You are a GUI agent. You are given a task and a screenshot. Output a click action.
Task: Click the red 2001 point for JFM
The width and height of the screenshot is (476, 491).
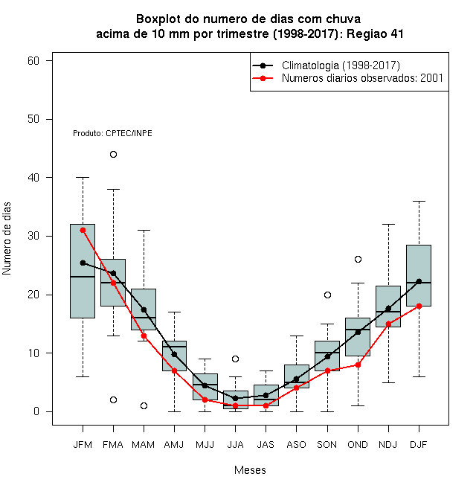[x=83, y=230]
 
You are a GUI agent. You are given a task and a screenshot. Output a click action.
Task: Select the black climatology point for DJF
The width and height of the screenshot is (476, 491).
[x=419, y=281]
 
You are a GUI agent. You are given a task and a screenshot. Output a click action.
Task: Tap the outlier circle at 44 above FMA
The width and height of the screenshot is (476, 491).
[x=113, y=155]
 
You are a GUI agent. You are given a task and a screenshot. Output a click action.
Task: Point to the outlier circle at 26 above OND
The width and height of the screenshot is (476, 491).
[x=358, y=260]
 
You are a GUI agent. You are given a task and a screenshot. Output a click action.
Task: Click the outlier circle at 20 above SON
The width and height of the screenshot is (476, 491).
[x=327, y=295]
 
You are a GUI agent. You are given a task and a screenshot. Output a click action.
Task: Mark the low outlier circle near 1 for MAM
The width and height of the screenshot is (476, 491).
[x=144, y=406]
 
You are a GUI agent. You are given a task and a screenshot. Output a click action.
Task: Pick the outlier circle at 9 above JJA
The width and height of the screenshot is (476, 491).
[x=236, y=359]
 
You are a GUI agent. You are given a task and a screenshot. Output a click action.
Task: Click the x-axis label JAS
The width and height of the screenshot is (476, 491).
[x=266, y=445]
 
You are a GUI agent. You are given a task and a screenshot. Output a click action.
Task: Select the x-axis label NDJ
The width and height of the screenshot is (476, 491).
[x=388, y=445]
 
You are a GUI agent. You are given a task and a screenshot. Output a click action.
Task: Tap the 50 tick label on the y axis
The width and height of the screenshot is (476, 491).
[x=33, y=119]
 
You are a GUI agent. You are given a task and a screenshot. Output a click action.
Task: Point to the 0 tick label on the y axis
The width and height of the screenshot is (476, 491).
[x=36, y=411]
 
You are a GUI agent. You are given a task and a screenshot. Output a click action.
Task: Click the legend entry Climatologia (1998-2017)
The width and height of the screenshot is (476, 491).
[x=341, y=65]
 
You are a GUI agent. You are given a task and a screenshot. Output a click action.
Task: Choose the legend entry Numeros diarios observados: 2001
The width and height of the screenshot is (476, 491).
[x=362, y=78]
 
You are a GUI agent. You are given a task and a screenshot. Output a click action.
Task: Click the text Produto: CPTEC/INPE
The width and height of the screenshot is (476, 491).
[x=112, y=133]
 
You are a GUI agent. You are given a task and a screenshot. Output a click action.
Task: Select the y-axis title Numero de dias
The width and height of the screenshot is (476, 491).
[x=7, y=239]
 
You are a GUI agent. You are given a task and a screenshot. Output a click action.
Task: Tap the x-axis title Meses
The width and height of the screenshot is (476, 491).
[x=250, y=470]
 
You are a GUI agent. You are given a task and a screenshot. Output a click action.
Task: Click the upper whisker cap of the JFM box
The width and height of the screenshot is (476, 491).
[x=83, y=178]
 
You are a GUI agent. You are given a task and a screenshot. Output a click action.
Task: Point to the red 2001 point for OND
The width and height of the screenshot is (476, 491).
[x=358, y=365]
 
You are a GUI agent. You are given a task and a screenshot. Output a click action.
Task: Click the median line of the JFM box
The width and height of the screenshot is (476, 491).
[x=83, y=277]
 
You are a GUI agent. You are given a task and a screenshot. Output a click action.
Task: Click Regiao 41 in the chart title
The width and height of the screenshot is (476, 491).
[x=375, y=33]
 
